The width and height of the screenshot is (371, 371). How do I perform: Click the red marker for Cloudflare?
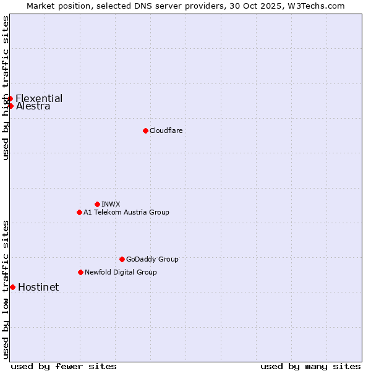tap(145, 130)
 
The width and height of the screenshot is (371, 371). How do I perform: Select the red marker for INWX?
tap(97, 204)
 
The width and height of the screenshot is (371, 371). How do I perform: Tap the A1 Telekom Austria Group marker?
tap(79, 212)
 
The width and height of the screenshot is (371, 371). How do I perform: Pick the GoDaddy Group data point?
tap(122, 259)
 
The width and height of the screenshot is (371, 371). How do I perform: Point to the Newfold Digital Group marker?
tap(80, 272)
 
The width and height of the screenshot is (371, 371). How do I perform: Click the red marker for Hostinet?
tap(12, 287)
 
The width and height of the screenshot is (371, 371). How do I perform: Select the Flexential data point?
tap(10, 98)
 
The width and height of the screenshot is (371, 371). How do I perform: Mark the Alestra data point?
tap(11, 106)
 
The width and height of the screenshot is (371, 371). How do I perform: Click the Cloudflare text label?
tap(166, 130)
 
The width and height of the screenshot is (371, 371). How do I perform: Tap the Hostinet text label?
tap(38, 287)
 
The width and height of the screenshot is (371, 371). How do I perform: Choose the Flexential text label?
tap(39, 98)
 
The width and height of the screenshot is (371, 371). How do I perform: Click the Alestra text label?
tap(33, 106)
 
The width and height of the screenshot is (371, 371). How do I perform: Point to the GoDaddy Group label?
tap(152, 259)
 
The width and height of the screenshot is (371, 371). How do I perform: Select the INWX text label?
tap(111, 204)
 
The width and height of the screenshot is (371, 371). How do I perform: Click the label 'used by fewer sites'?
tap(64, 366)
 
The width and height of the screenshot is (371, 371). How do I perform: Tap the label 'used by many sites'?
tap(310, 366)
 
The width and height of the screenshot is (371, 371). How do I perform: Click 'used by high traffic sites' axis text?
tap(6, 88)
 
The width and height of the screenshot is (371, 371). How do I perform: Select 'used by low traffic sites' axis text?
tap(6, 289)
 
